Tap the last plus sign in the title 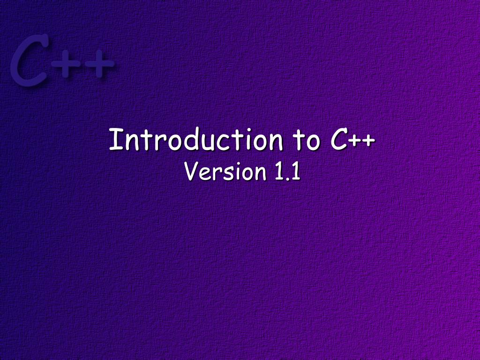[x=369, y=141]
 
